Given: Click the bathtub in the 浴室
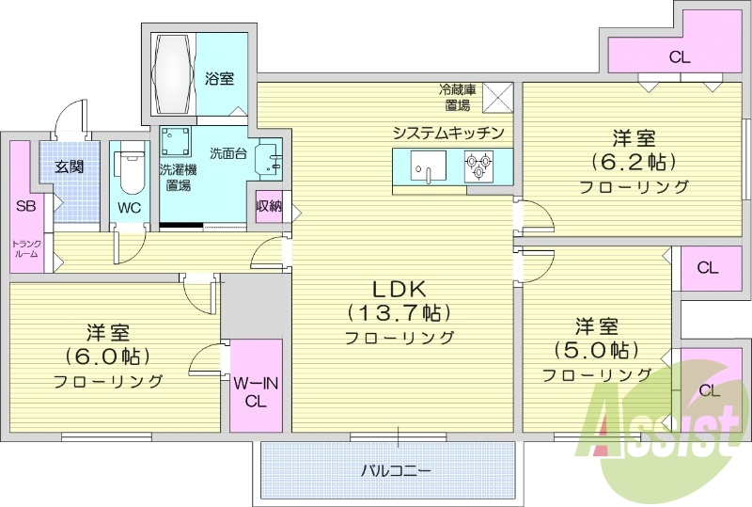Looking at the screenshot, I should click(174, 74).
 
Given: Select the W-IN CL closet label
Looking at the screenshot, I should click(257, 390).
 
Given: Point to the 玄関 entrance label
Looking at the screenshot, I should click(69, 167).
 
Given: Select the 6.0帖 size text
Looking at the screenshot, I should click(107, 356).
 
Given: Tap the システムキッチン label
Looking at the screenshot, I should click(449, 132).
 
